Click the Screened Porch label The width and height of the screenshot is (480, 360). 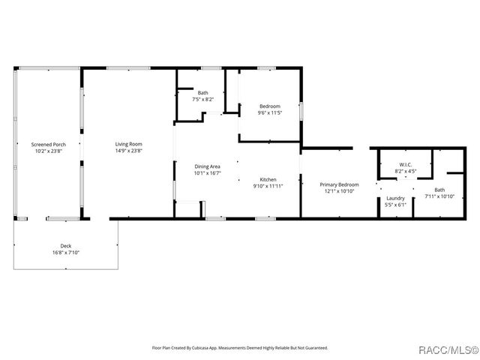[x=48, y=144]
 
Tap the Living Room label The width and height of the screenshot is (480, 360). [x=128, y=144]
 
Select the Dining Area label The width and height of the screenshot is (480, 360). [x=207, y=166]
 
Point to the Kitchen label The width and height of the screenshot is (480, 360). [x=268, y=180]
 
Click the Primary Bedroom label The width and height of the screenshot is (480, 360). [x=339, y=184]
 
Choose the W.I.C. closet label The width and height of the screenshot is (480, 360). [x=406, y=165]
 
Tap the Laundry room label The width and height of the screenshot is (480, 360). [x=395, y=198]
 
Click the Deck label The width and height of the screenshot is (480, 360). [x=66, y=246]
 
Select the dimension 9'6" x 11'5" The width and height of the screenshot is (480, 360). [x=270, y=113]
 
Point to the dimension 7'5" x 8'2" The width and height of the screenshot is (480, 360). [x=203, y=99]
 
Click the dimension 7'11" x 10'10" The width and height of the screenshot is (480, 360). [x=439, y=196]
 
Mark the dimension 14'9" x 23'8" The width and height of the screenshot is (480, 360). [x=128, y=150]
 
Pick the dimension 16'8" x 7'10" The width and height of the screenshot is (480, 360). [x=66, y=253]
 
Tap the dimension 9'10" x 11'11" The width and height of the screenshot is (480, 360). [x=268, y=186]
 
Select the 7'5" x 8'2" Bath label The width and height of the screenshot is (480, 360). [x=203, y=93]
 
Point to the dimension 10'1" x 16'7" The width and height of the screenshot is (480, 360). [x=207, y=172]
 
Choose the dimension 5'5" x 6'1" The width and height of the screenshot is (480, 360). [x=395, y=204]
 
